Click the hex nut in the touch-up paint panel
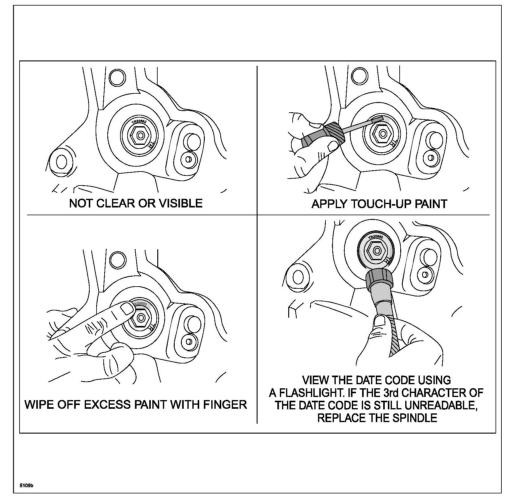(x=382, y=134)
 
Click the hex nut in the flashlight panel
(x=376, y=250)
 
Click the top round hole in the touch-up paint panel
(x=360, y=75)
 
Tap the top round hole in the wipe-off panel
(x=118, y=260)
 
